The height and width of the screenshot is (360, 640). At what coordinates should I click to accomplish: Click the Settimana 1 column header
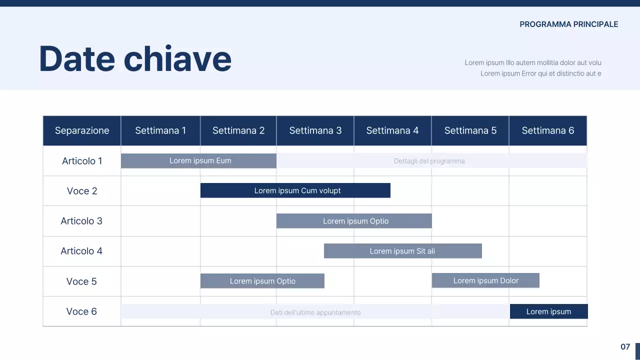coord(160,130)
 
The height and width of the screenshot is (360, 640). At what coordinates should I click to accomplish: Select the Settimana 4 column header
coord(392,130)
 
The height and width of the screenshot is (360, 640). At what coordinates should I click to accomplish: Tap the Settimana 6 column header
coord(548,130)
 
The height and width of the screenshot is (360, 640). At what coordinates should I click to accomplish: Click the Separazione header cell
coord(82,130)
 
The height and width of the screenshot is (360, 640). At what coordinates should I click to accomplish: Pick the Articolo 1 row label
coord(82,161)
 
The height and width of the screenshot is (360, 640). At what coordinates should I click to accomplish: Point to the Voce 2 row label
coord(82,191)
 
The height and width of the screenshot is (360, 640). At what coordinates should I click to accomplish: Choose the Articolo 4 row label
coord(81,251)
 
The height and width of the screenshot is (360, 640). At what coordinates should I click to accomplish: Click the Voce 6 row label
coord(81,311)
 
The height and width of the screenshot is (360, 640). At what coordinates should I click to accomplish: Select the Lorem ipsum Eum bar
coord(198,160)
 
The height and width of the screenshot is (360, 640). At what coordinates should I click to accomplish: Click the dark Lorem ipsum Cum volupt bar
coord(295,190)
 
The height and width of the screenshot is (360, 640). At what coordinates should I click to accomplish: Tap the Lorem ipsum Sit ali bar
coord(403,251)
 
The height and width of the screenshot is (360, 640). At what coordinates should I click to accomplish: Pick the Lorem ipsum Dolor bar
coord(485,280)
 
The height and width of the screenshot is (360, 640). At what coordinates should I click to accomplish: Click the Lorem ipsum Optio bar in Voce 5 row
coord(262,281)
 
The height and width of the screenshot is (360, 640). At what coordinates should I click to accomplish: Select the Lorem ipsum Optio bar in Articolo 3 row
coord(354,221)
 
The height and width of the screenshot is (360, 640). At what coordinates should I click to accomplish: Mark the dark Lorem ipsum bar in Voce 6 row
coord(549,311)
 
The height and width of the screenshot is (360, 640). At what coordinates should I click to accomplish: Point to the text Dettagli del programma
coord(429,161)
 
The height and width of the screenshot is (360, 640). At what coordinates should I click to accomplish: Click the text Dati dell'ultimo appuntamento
coord(315,312)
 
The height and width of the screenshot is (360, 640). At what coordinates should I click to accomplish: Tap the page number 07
coord(625,346)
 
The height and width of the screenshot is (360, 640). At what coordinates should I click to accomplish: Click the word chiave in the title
coord(177,58)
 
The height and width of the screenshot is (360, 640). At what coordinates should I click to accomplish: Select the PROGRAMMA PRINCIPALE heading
coord(569,24)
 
